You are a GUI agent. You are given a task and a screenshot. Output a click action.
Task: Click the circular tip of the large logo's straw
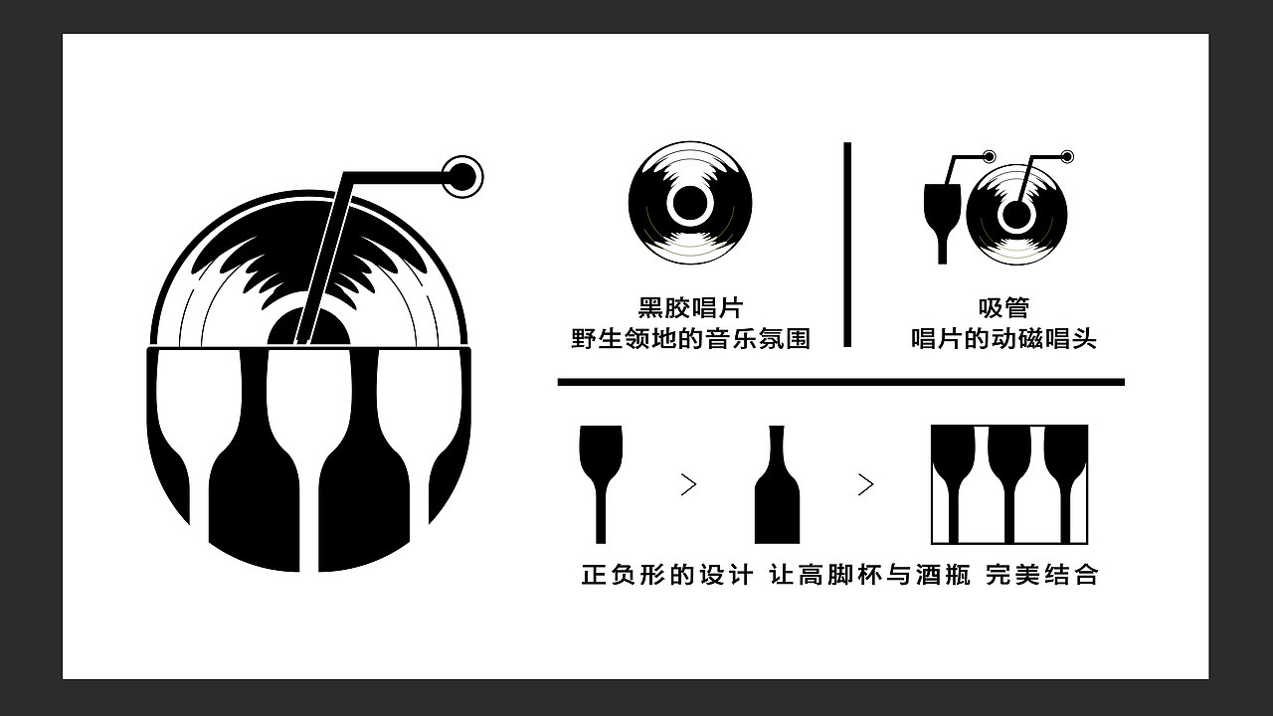pyautogui.click(x=461, y=177)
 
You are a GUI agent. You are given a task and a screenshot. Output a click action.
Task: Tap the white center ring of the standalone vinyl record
pyautogui.click(x=689, y=204)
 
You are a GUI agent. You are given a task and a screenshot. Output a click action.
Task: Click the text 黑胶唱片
pyautogui.click(x=690, y=308)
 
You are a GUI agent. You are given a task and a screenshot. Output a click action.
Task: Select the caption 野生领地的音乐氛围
pyautogui.click(x=690, y=339)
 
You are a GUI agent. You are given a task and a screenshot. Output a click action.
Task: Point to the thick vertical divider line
pyautogui.click(x=847, y=245)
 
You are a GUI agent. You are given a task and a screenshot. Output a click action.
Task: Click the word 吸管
pyautogui.click(x=1003, y=308)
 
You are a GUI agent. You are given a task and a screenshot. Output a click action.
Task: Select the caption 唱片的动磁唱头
pyautogui.click(x=1003, y=339)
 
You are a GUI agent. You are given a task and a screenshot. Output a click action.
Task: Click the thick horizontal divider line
pyautogui.click(x=840, y=382)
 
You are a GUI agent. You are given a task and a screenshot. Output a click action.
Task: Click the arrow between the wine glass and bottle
pyautogui.click(x=688, y=485)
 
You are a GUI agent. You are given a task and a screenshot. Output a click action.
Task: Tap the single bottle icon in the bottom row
pyautogui.click(x=777, y=487)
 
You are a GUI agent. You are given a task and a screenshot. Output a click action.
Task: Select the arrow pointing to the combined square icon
pyautogui.click(x=865, y=485)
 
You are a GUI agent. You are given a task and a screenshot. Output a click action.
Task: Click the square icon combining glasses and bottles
pyautogui.click(x=1008, y=484)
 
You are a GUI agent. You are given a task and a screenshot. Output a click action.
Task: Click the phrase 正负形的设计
pyautogui.click(x=666, y=575)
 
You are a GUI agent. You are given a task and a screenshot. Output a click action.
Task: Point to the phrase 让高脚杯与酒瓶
pyautogui.click(x=870, y=575)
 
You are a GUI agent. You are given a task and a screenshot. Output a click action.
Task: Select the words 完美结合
pyautogui.click(x=1042, y=575)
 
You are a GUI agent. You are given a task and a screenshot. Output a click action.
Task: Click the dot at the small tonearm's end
pyautogui.click(x=1067, y=156)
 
